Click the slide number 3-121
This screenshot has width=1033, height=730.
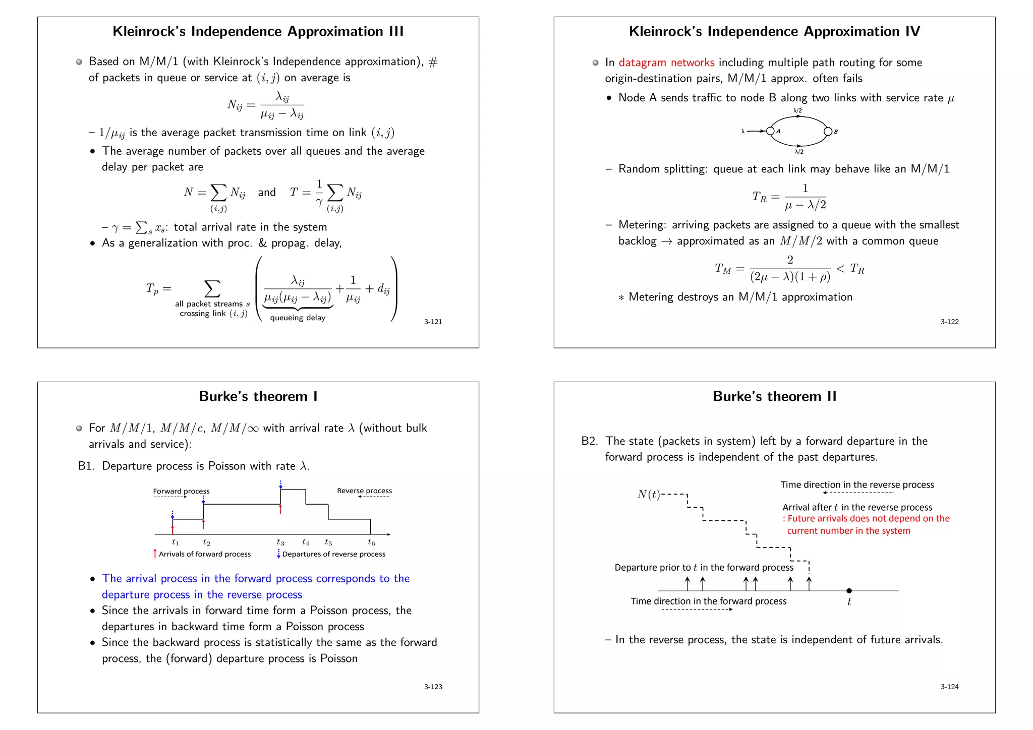pyautogui.click(x=433, y=322)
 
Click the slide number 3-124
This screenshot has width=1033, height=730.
pyautogui.click(x=949, y=687)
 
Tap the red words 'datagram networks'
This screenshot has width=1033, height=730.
pyautogui.click(x=666, y=63)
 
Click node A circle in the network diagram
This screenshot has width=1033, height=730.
pyautogui.click(x=770, y=131)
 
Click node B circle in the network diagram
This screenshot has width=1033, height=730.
pyautogui.click(x=828, y=132)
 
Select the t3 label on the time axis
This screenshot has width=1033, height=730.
pyautogui.click(x=280, y=542)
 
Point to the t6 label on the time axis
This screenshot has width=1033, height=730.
pyautogui.click(x=371, y=542)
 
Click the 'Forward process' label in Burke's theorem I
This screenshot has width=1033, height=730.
pyautogui.click(x=181, y=491)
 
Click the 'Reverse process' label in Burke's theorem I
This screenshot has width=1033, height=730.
pyautogui.click(x=364, y=491)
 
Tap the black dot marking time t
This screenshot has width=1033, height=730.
pyautogui.click(x=849, y=590)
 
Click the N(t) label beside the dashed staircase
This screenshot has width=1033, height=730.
pyautogui.click(x=649, y=495)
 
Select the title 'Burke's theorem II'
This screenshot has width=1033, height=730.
pyautogui.click(x=774, y=396)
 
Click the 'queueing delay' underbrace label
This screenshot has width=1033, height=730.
pyautogui.click(x=298, y=318)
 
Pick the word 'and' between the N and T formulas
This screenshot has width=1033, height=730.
pyautogui.click(x=267, y=193)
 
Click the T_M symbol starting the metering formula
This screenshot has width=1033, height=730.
pyautogui.click(x=722, y=269)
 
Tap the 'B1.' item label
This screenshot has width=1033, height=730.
pyautogui.click(x=86, y=466)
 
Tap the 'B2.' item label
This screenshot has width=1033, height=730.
pyautogui.click(x=590, y=441)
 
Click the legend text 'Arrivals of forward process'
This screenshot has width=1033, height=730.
pyautogui.click(x=205, y=554)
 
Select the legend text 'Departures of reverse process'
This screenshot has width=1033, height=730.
pyautogui.click(x=334, y=554)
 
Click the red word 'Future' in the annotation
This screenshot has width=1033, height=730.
pyautogui.click(x=802, y=518)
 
